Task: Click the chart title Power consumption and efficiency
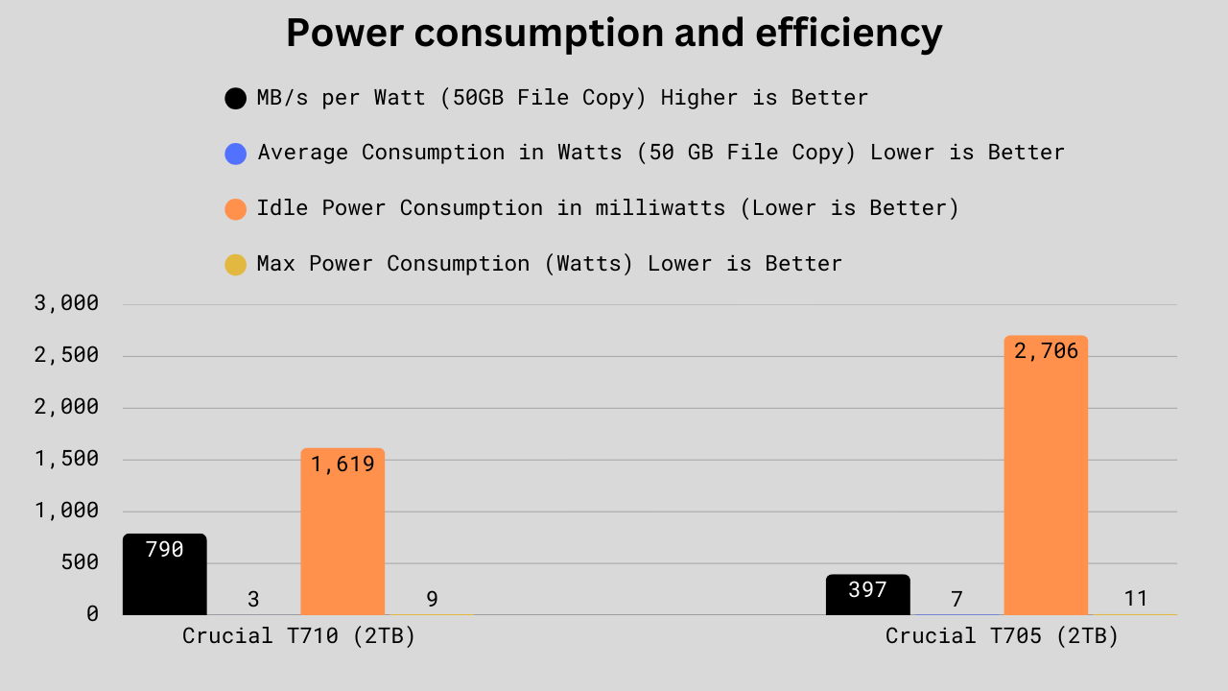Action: pyautogui.click(x=614, y=34)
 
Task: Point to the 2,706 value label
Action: pyautogui.click(x=1046, y=351)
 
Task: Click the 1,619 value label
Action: pyautogui.click(x=342, y=465)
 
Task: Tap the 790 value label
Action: pyautogui.click(x=164, y=550)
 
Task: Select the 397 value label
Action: pyautogui.click(x=867, y=590)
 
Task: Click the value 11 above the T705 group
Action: pyautogui.click(x=1136, y=599)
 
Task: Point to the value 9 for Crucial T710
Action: pyautogui.click(x=432, y=599)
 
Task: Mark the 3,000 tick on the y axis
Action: pyautogui.click(x=66, y=303)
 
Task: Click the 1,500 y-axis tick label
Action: pyautogui.click(x=66, y=459)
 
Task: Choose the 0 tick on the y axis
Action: pyautogui.click(x=92, y=613)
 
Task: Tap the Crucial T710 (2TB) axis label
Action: pyautogui.click(x=298, y=636)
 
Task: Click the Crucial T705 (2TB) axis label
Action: pyautogui.click(x=1002, y=636)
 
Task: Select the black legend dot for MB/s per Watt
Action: pyautogui.click(x=235, y=98)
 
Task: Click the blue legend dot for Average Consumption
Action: pyautogui.click(x=235, y=154)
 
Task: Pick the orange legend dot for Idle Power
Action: pyautogui.click(x=235, y=208)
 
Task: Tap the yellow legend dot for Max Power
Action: pyautogui.click(x=235, y=264)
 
